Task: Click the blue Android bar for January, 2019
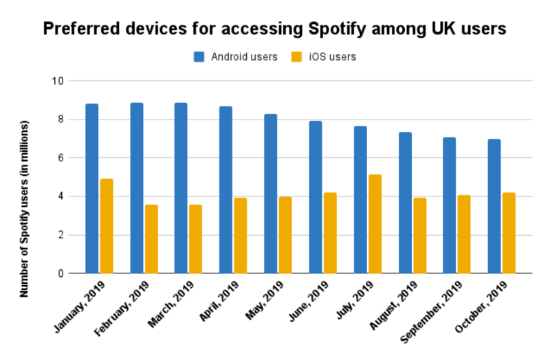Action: coord(92,188)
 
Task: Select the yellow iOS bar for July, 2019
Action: coord(375,224)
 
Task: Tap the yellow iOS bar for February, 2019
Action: coord(151,239)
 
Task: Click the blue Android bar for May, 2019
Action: coord(270,194)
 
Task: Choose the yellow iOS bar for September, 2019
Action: coord(464,234)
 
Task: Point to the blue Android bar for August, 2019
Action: coord(404,203)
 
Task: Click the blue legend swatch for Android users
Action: coord(199,57)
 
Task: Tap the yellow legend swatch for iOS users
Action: coord(298,57)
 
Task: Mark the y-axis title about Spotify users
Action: coord(25,209)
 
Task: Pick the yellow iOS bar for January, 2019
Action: coord(107,226)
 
